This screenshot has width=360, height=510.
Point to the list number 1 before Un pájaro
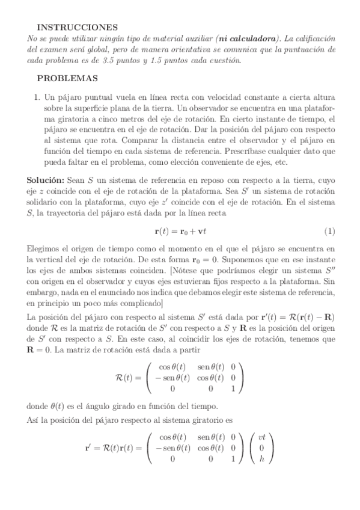37,96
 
